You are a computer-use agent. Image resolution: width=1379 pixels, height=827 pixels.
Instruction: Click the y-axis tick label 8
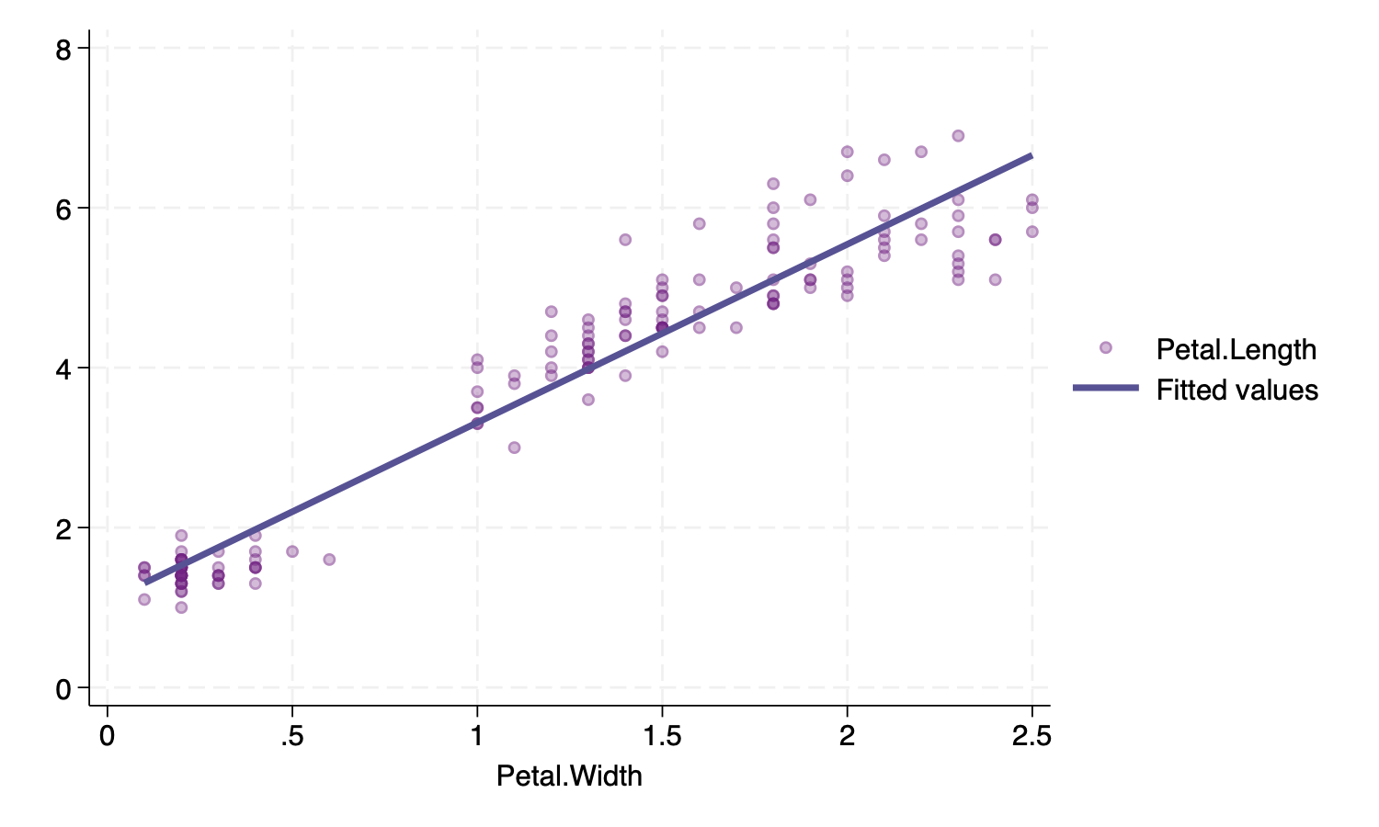(63, 49)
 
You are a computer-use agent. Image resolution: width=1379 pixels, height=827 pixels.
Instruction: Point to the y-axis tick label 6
(63, 209)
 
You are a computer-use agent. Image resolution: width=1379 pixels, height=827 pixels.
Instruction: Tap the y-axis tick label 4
(63, 368)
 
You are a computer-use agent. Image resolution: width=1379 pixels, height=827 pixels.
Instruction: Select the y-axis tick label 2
(63, 528)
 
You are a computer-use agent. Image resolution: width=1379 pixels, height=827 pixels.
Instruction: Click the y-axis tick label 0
(63, 688)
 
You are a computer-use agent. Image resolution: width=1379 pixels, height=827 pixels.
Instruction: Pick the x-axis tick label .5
(291, 737)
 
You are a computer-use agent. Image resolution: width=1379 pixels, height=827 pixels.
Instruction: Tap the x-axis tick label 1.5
(661, 737)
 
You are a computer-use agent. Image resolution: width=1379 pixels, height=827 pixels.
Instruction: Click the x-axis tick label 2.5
(1031, 737)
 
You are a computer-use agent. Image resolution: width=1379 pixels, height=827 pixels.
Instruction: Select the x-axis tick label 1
(476, 737)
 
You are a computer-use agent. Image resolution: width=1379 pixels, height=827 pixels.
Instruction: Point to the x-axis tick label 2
(846, 737)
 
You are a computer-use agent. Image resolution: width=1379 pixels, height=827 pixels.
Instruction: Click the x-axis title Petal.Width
(569, 776)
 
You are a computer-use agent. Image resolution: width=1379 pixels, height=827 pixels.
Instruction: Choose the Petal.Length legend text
(1236, 350)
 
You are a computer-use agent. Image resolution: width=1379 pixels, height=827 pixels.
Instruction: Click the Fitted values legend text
(1237, 391)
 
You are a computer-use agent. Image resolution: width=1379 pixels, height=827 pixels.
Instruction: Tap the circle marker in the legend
(1106, 347)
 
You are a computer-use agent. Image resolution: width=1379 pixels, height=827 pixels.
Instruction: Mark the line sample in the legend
(1106, 389)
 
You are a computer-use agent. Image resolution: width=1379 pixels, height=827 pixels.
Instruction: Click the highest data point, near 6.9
(958, 136)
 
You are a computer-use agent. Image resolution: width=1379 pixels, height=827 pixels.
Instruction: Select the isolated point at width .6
(329, 560)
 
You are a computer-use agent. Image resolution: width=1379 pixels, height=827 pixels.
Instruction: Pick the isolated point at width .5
(292, 551)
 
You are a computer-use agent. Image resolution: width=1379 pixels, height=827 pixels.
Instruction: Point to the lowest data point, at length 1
(181, 607)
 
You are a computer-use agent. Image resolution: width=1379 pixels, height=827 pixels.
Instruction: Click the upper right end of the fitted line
(1031, 156)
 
